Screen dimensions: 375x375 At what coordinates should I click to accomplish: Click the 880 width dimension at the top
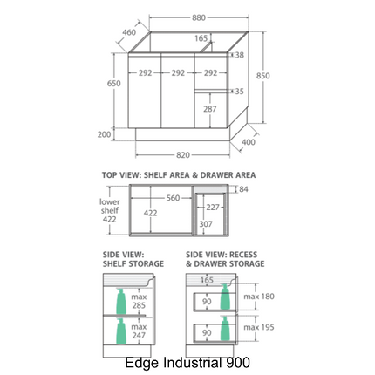click(199, 17)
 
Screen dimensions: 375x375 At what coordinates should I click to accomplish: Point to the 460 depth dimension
click(129, 32)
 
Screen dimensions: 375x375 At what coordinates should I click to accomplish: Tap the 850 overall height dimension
click(263, 76)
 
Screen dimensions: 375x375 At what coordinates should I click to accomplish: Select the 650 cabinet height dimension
click(114, 84)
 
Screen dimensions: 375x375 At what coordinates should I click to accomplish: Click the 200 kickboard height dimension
click(104, 134)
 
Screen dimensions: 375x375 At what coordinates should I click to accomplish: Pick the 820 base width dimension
click(183, 155)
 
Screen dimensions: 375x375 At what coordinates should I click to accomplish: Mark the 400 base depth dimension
click(249, 142)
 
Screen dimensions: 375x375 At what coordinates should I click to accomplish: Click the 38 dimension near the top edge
click(240, 55)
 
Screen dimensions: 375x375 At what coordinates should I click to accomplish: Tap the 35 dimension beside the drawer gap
click(239, 92)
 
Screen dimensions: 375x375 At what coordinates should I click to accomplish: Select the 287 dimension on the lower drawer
click(210, 109)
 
